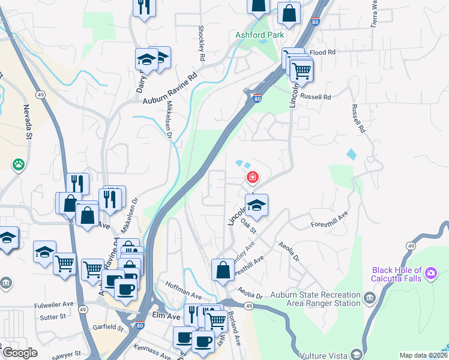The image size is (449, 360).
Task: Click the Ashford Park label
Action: pyautogui.click(x=259, y=35)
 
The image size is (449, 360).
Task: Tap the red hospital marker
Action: pyautogui.click(x=253, y=177)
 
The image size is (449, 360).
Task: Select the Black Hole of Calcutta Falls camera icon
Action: pyautogui.click(x=430, y=274)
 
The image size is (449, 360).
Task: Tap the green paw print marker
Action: pyautogui.click(x=19, y=163)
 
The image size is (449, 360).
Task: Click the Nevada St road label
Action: pyautogui.click(x=27, y=122)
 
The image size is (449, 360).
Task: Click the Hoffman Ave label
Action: pyautogui.click(x=184, y=290)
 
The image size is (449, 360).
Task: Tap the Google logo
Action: pyautogui.click(x=20, y=353)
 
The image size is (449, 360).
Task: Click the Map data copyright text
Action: pyautogui.click(x=422, y=355)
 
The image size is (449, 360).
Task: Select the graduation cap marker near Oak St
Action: pyautogui.click(x=256, y=205)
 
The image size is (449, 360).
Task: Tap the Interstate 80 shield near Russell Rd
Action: pyautogui.click(x=257, y=99)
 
